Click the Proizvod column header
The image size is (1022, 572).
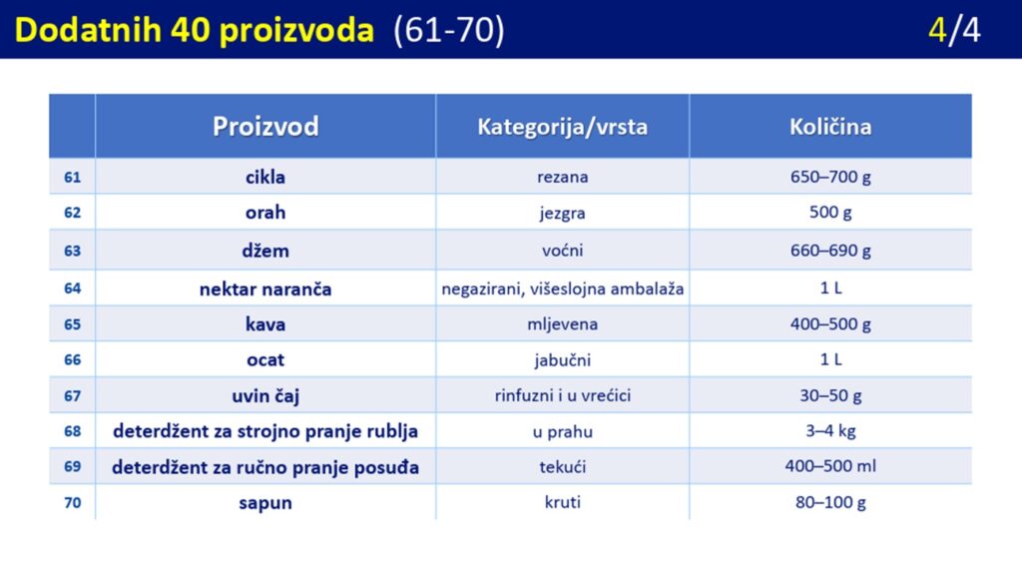click(265, 126)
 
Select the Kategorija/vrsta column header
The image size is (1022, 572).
click(563, 127)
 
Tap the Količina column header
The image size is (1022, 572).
click(830, 126)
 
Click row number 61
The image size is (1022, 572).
click(72, 177)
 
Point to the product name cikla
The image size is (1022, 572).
click(265, 177)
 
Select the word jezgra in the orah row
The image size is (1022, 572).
click(563, 214)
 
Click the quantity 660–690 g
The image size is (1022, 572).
click(830, 251)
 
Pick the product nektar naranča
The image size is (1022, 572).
click(265, 288)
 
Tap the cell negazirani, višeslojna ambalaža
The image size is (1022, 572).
click(563, 288)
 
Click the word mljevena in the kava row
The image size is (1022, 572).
click(563, 324)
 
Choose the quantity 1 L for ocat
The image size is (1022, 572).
click(830, 359)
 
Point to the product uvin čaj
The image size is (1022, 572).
click(265, 396)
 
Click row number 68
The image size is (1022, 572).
click(72, 431)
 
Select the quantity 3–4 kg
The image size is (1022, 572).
click(830, 430)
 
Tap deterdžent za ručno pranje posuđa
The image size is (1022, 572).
click(265, 467)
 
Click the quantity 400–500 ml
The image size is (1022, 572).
click(830, 466)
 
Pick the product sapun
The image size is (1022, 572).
click(265, 503)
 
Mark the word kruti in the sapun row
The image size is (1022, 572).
click(563, 502)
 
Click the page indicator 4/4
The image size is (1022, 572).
click(954, 30)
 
